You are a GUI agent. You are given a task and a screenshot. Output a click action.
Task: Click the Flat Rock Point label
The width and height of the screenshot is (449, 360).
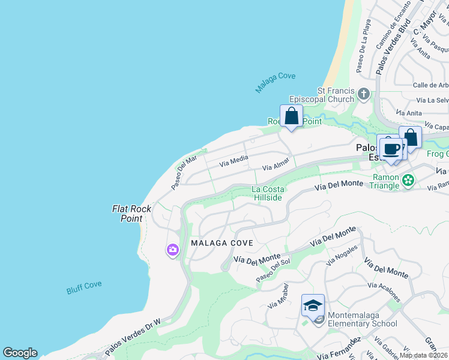click(127, 214)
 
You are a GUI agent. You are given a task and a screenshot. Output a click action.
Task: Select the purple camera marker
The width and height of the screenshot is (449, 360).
click(173, 250)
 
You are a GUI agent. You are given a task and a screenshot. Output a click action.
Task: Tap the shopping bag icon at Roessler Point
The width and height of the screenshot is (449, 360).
click(291, 116)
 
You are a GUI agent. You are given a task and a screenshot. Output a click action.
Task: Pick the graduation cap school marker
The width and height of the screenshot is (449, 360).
click(313, 306)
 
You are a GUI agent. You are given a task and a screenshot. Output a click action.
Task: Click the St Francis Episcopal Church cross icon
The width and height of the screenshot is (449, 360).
click(363, 94)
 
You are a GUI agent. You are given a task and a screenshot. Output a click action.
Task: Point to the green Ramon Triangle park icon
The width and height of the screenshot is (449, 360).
click(408, 179)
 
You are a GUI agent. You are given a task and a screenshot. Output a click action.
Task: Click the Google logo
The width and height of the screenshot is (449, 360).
click(20, 353)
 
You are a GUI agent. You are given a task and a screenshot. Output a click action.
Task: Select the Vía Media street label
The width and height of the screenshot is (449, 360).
click(234, 160)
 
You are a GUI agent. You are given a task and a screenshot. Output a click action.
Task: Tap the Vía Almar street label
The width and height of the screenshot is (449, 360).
click(276, 163)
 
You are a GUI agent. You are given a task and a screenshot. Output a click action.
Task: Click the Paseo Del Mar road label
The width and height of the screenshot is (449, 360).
click(184, 172)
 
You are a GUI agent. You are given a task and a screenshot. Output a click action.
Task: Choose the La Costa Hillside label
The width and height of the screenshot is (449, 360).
click(268, 194)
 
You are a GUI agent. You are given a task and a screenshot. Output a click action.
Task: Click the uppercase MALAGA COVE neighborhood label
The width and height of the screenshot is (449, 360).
click(221, 242)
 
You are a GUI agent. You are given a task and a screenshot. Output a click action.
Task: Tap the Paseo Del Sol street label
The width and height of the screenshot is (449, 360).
click(273, 271)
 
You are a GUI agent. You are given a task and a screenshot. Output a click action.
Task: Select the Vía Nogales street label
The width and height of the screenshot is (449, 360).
click(342, 255)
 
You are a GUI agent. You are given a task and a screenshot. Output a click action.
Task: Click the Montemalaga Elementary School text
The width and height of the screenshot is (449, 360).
click(363, 324)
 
